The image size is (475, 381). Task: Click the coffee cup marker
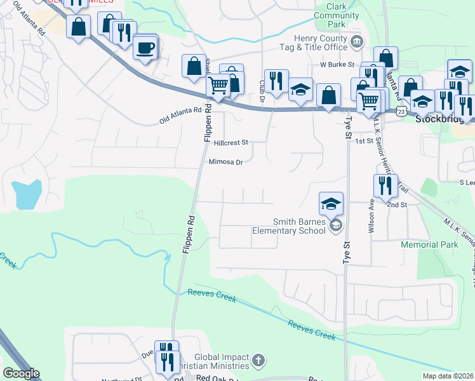click(145, 48)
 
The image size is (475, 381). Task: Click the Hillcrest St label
click(231, 144)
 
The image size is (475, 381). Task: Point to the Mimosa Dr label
click(226, 163)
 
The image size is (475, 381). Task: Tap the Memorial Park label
click(429, 244)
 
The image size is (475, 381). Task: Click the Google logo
click(21, 373)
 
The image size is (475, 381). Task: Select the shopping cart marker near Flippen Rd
click(218, 84)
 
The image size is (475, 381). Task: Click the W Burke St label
click(336, 65)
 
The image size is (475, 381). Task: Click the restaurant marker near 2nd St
click(385, 185)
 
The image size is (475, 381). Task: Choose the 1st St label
click(364, 141)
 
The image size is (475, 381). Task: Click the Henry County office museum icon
click(356, 43)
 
